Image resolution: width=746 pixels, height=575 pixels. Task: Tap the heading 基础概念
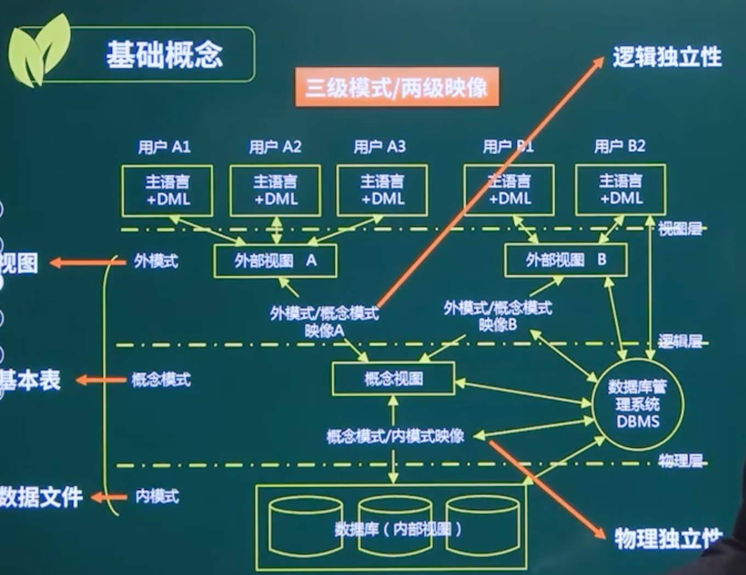pyautogui.click(x=164, y=55)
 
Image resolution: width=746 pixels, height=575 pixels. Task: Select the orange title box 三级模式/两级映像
pyautogui.click(x=396, y=87)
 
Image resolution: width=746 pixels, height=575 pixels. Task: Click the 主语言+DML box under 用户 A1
pyautogui.click(x=167, y=191)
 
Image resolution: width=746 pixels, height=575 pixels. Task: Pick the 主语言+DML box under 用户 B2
pyautogui.click(x=620, y=190)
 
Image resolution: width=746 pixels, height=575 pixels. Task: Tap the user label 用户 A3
pyautogui.click(x=379, y=147)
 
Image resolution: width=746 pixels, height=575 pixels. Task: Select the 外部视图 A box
pyautogui.click(x=275, y=261)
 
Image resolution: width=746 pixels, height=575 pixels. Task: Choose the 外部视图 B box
pyautogui.click(x=566, y=260)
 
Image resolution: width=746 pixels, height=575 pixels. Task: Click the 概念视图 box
pyautogui.click(x=393, y=379)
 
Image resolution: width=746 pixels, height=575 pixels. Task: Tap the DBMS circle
pyautogui.click(x=638, y=405)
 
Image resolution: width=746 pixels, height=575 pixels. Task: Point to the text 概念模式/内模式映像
pyautogui.click(x=395, y=436)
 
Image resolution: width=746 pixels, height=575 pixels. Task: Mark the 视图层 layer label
pyautogui.click(x=680, y=229)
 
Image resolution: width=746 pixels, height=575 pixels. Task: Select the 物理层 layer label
pyautogui.click(x=680, y=461)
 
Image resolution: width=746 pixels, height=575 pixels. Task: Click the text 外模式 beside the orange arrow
pyautogui.click(x=156, y=261)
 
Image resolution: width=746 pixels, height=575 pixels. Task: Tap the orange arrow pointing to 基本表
pyautogui.click(x=101, y=380)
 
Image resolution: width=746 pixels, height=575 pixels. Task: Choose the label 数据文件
pyautogui.click(x=41, y=497)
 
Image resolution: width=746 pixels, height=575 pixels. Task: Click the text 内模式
pyautogui.click(x=157, y=497)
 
